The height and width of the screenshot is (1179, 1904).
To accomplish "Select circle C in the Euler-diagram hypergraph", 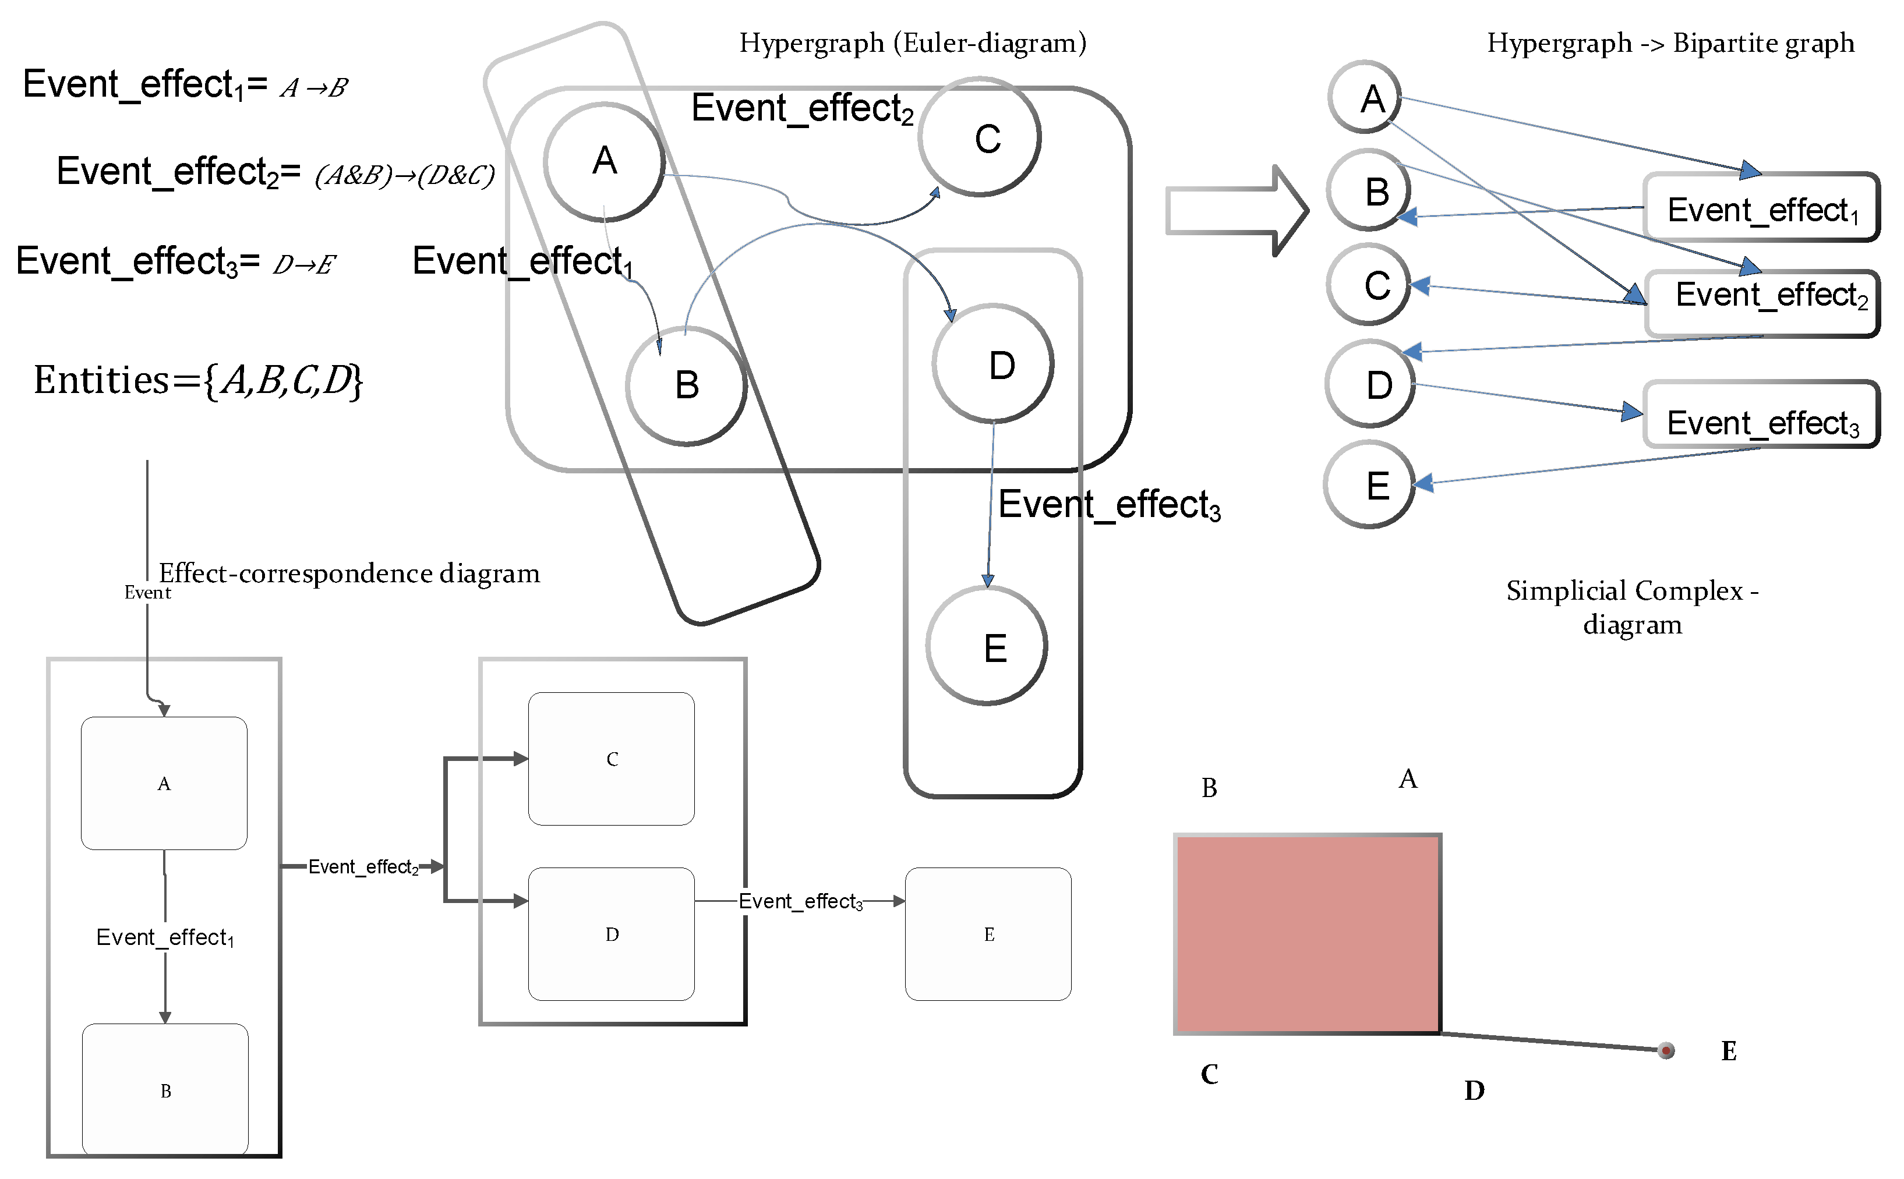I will [x=980, y=138].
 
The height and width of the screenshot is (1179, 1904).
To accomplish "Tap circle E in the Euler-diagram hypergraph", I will [x=987, y=646].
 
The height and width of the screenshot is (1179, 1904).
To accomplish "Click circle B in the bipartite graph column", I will [x=1369, y=190].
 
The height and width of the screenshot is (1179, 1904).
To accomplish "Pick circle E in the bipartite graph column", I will [x=1370, y=485].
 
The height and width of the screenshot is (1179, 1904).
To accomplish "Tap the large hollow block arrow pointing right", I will [x=1237, y=211].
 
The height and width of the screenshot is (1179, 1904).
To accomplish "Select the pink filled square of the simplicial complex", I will [x=1308, y=933].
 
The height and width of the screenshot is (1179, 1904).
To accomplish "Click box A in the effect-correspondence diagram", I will [x=164, y=783].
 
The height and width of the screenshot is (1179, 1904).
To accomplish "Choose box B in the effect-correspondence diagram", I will [x=165, y=1089].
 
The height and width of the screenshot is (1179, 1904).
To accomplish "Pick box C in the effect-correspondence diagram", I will [x=612, y=759].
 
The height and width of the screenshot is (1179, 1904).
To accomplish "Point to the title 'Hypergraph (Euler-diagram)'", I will [x=913, y=43].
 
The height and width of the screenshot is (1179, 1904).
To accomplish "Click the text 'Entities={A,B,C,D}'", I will [x=198, y=381].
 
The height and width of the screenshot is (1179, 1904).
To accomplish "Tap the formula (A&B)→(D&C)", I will [x=404, y=175].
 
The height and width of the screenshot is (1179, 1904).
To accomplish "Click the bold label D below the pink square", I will [x=1474, y=1090].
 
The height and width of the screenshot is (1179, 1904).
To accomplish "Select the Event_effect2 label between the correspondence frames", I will [x=363, y=866].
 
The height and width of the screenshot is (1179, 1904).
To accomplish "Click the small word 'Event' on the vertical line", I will [x=147, y=593].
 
